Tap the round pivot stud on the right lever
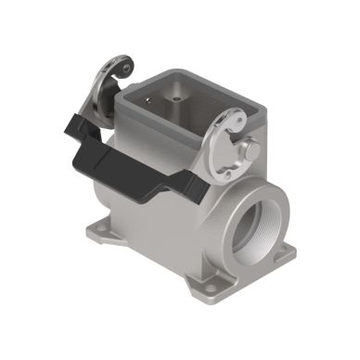tap(249, 148)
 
